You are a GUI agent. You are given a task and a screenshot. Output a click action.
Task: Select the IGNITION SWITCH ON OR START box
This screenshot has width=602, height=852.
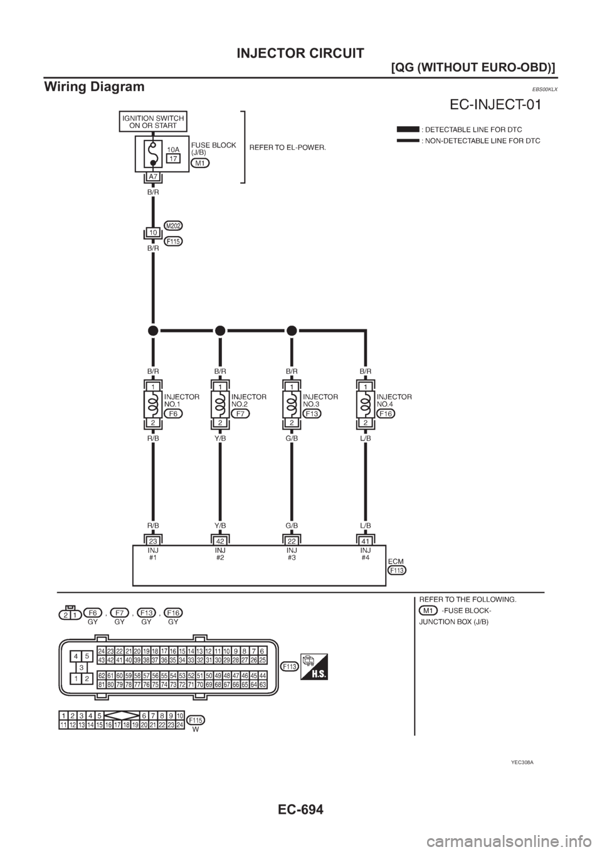(x=153, y=122)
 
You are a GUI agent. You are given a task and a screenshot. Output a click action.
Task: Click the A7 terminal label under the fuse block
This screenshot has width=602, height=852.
(x=153, y=176)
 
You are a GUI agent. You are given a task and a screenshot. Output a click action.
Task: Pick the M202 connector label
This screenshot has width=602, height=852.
(x=174, y=225)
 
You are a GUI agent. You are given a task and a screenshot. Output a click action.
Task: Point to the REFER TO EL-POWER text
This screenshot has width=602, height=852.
(x=288, y=148)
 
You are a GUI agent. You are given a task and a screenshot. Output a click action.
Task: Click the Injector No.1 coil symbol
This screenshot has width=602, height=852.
(x=153, y=407)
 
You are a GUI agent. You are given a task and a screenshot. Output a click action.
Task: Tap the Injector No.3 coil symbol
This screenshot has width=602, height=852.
(x=292, y=407)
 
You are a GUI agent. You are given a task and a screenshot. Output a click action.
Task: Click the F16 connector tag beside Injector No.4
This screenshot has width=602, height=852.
(x=386, y=414)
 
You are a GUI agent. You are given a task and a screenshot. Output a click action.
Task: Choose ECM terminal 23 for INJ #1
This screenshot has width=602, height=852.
(x=153, y=540)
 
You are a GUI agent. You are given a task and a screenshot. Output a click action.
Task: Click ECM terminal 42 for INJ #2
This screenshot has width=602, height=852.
(x=220, y=540)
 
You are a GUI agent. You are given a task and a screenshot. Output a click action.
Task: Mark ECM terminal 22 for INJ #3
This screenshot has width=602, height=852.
(x=292, y=540)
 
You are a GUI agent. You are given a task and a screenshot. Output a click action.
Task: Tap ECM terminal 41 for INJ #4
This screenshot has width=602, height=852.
(x=366, y=540)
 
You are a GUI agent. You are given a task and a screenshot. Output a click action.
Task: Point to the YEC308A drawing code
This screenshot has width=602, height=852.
(x=521, y=762)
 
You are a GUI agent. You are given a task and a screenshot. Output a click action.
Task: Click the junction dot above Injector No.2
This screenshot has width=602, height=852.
(x=220, y=330)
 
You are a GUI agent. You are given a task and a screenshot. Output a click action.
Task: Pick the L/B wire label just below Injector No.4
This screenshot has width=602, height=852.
(x=366, y=439)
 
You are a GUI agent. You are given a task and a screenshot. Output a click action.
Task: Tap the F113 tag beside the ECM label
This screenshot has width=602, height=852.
(x=397, y=570)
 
